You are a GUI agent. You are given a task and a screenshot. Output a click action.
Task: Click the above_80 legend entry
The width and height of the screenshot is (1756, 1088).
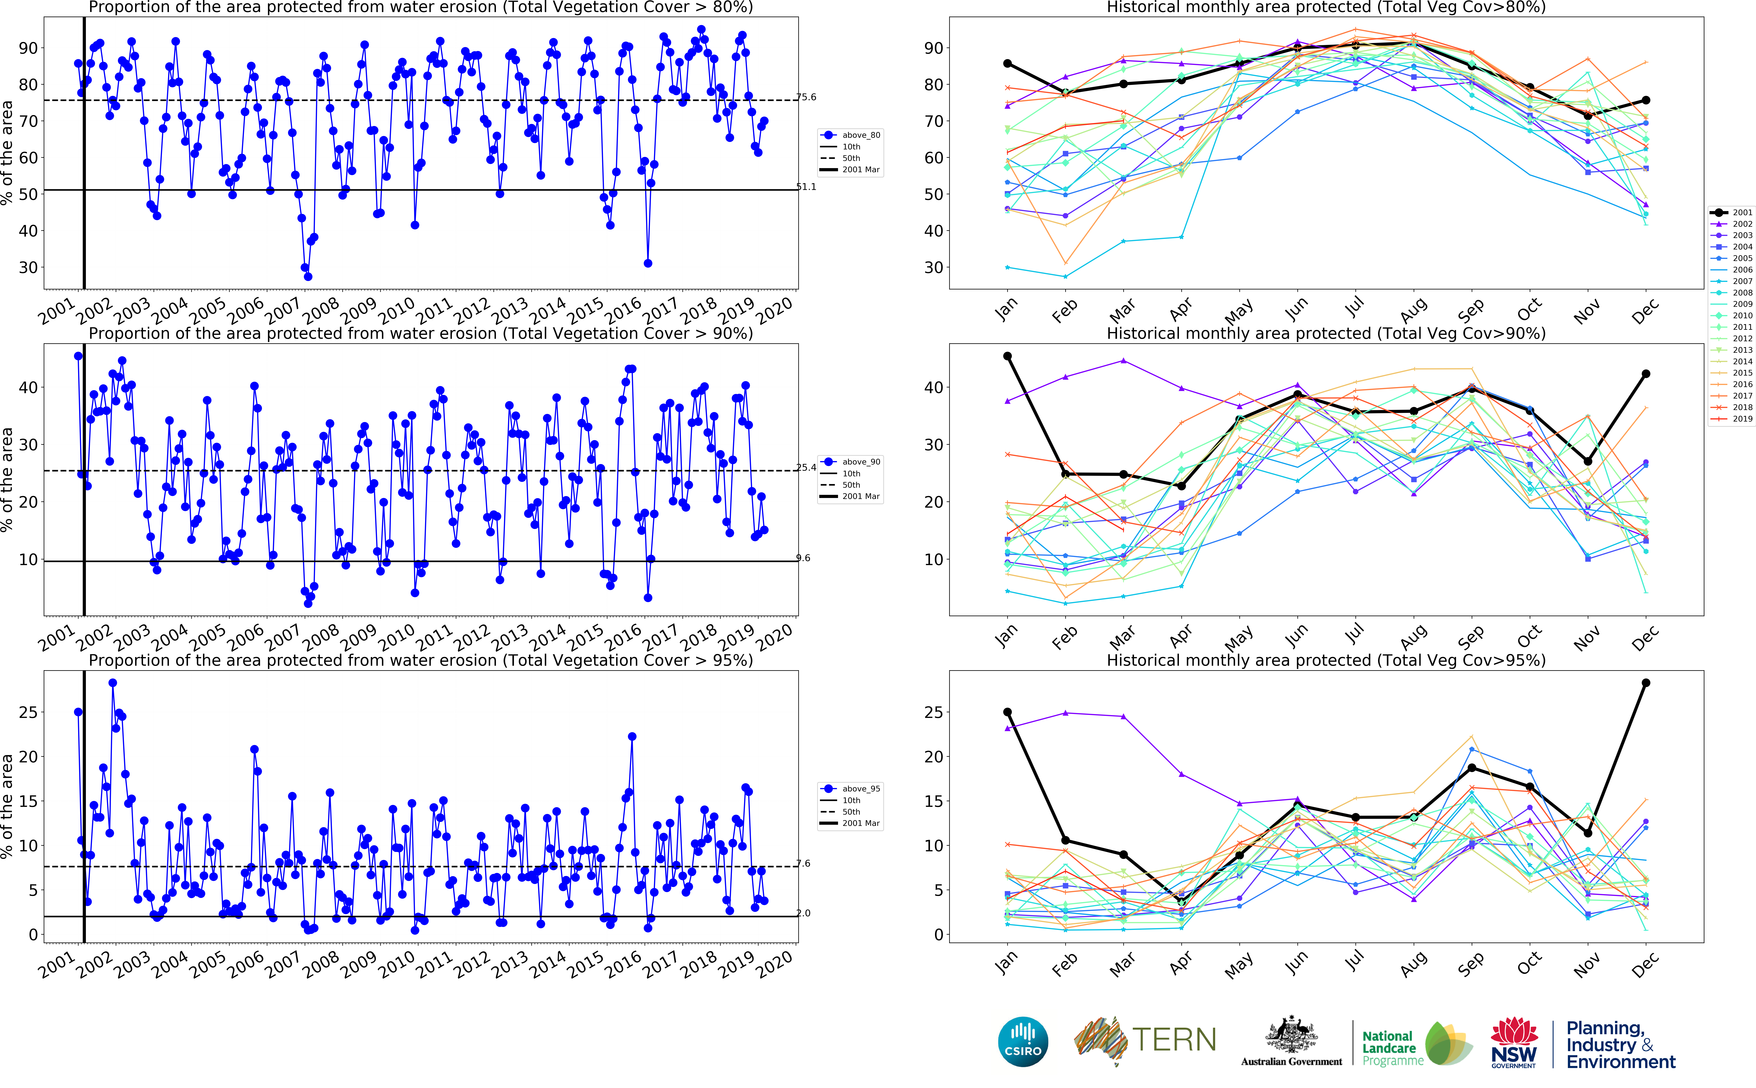click(x=860, y=135)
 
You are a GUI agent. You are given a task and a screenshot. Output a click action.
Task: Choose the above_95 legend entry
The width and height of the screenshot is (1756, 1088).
click(x=860, y=789)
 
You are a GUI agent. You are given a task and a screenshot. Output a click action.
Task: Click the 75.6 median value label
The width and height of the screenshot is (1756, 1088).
click(x=806, y=97)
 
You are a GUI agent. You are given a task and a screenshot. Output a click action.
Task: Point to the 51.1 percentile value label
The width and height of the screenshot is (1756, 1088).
click(x=806, y=187)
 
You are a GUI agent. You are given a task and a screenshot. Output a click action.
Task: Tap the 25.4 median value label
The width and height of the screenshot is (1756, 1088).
click(x=806, y=468)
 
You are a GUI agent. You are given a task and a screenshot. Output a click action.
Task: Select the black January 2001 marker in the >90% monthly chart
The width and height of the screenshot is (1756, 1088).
click(x=1007, y=356)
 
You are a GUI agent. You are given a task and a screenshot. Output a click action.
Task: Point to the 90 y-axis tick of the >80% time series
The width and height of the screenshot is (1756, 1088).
click(x=28, y=48)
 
